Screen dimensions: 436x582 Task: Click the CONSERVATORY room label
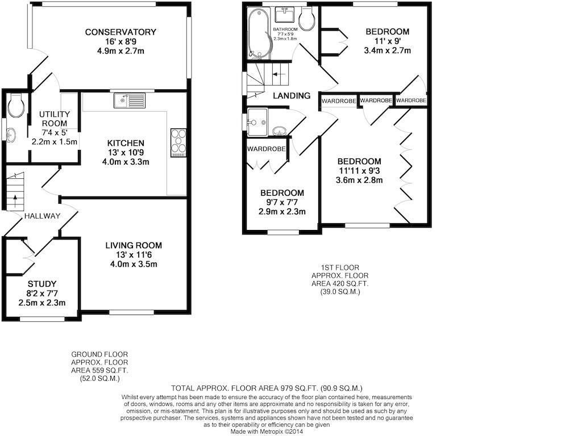point(120,32)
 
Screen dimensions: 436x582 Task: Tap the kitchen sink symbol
point(130,101)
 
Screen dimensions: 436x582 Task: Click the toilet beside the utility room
point(16,104)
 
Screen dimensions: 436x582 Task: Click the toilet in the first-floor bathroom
point(307,20)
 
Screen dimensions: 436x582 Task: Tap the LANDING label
point(292,96)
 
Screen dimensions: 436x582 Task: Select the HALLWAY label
point(42,216)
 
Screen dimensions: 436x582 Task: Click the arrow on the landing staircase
point(279,73)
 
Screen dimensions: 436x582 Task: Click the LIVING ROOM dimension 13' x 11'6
point(134,255)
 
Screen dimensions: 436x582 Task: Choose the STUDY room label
point(42,284)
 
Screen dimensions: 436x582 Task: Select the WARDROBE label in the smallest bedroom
point(265,149)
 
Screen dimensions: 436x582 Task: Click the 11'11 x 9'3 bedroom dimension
point(360,171)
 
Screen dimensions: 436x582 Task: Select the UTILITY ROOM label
point(54,119)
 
